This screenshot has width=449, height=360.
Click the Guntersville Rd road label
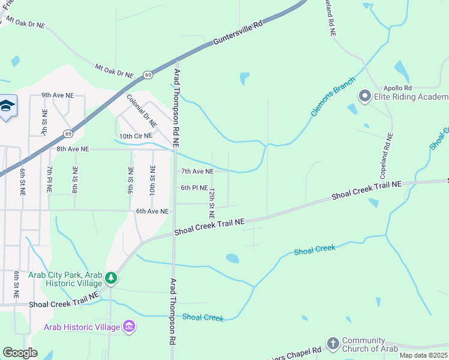pos(238,33)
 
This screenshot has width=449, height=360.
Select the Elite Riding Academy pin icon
pos(364,97)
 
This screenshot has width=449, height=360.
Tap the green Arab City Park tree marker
pos(110,278)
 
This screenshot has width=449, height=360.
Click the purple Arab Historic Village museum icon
pos(128,327)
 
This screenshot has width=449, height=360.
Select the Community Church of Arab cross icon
pos(333,343)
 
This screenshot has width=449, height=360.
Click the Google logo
pos(20,353)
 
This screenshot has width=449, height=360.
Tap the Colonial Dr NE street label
pos(142,110)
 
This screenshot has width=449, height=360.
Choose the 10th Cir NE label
pos(136,137)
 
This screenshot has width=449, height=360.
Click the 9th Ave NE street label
pos(58,95)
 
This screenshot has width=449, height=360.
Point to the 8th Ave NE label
pos(73,149)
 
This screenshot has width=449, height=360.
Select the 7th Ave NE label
pos(197,172)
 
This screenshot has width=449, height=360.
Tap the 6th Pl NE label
pos(194,188)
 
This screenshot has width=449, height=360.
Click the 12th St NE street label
pos(211,203)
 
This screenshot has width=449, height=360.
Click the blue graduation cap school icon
pos(7,106)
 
